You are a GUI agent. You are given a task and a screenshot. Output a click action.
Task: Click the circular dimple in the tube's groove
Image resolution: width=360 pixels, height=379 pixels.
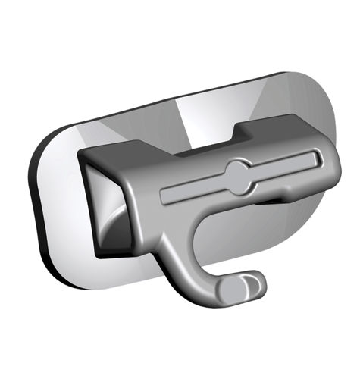(238, 176)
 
